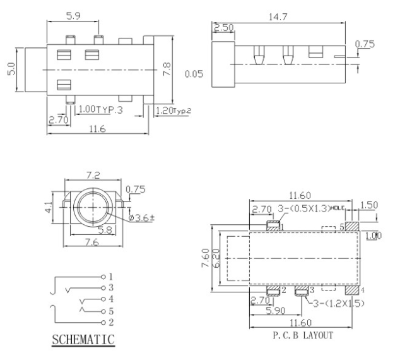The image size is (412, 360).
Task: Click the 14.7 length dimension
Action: click(278, 17)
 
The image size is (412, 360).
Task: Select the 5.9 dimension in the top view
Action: click(73, 16)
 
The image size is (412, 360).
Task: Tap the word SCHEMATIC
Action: click(83, 340)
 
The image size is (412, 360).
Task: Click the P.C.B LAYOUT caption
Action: click(303, 335)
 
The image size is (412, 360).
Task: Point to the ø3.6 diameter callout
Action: click(141, 218)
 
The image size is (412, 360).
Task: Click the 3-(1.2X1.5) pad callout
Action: click(339, 303)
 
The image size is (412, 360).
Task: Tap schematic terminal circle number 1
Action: click(103, 277)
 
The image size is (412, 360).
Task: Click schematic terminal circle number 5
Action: click(103, 311)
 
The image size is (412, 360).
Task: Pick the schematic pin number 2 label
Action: click(111, 322)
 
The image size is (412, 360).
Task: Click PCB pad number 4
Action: click(352, 291)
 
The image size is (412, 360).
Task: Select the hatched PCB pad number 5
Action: click(352, 226)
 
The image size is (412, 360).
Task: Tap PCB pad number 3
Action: click(301, 291)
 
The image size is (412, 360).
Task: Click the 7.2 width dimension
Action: click(93, 175)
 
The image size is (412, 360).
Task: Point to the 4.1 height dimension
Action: click(49, 207)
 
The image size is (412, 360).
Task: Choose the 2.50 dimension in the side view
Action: click(223, 27)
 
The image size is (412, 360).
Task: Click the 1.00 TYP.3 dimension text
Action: click(101, 109)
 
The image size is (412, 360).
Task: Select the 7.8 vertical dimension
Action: click(167, 69)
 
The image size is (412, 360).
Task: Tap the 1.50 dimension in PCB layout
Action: click(369, 205)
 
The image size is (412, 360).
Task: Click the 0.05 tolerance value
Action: click(194, 74)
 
